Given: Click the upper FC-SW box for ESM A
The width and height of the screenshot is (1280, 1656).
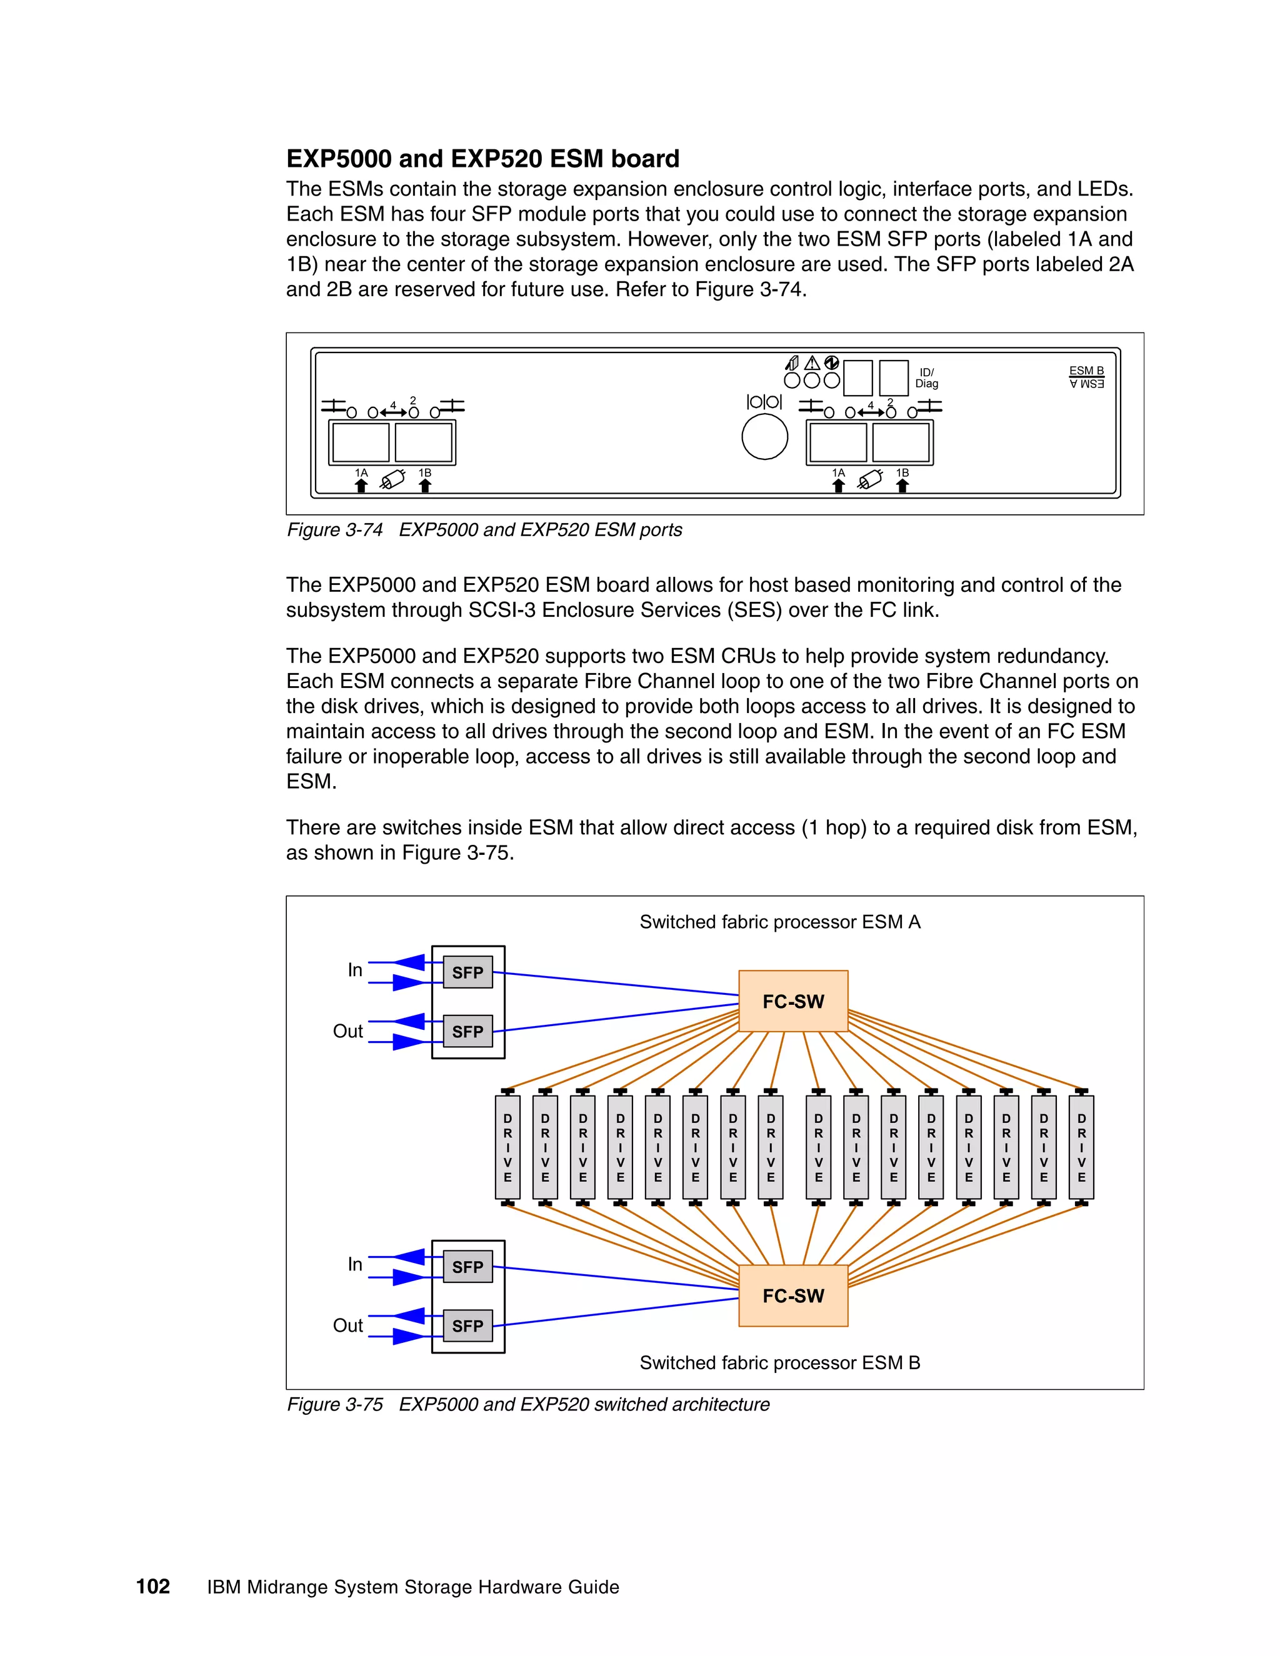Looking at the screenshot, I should [x=792, y=1001].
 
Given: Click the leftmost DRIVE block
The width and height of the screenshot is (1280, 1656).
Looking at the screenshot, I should [x=507, y=1147].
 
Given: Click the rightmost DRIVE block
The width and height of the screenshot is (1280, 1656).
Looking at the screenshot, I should [x=1081, y=1147].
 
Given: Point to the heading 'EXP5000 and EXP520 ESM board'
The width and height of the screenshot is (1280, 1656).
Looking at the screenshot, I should [x=482, y=159].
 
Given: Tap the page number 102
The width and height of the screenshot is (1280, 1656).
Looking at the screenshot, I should [x=152, y=1586].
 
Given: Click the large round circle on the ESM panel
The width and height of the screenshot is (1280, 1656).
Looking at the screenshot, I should [x=764, y=437].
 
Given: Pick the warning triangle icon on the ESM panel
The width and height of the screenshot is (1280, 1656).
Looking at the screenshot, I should [x=811, y=363].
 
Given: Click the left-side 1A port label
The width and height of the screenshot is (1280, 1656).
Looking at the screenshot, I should [x=361, y=473].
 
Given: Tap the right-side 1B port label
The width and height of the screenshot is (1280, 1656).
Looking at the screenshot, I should [x=902, y=473].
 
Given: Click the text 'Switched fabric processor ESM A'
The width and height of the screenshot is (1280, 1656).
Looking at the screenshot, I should [x=779, y=922].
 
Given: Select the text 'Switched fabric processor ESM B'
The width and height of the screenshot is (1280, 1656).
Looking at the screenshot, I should [x=779, y=1362].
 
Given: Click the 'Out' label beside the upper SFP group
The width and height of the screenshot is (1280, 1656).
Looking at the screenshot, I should [x=347, y=1031].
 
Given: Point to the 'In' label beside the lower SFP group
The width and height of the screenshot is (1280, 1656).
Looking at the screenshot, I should [x=354, y=1264].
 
